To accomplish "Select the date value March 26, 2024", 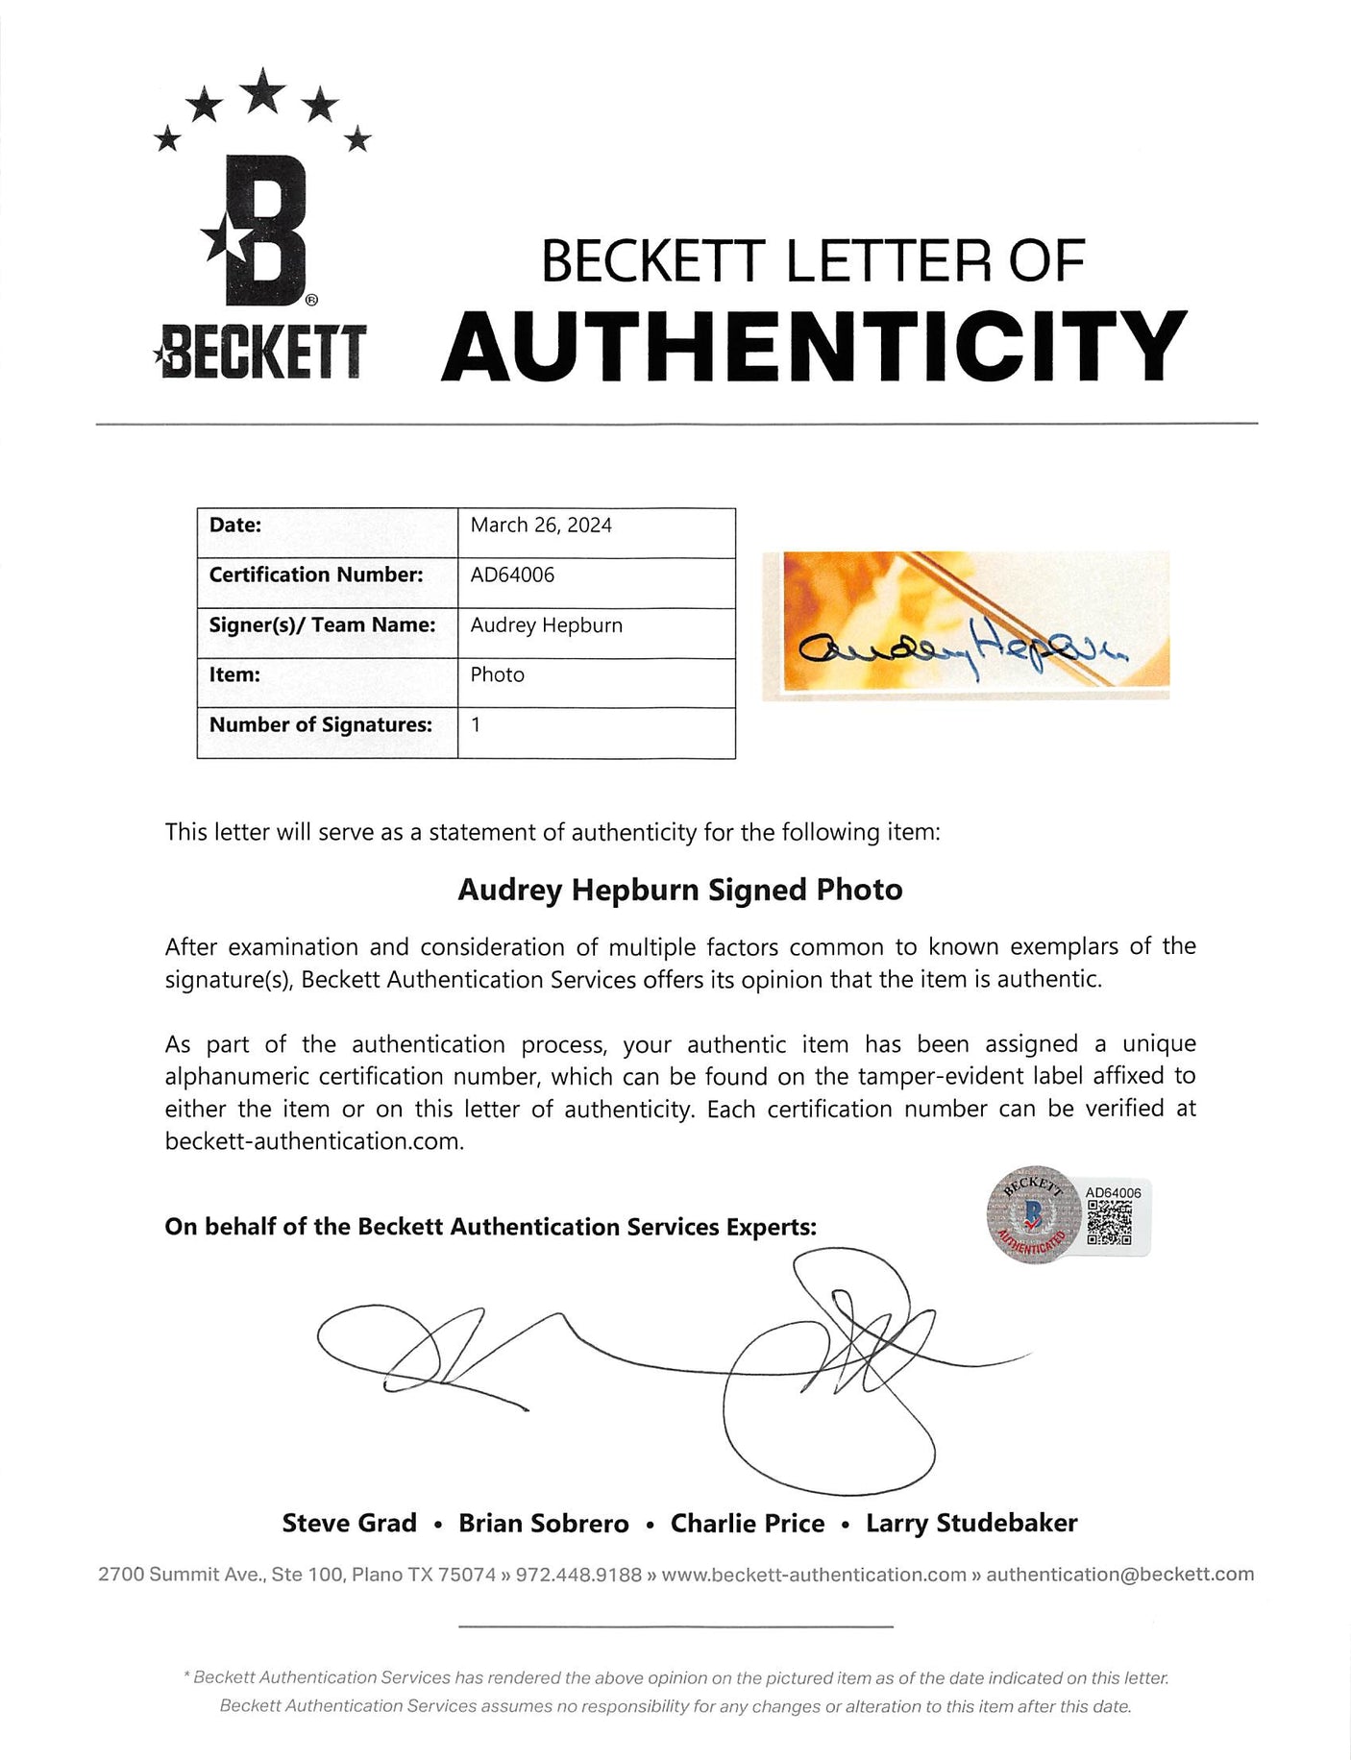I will click(541, 526).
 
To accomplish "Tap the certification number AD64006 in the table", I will click(512, 575).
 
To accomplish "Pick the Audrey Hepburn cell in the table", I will click(547, 625).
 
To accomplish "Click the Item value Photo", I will click(498, 675).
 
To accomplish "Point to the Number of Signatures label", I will click(321, 725).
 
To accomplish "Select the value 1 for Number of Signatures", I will click(476, 725).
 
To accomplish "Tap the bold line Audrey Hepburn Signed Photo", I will click(680, 891).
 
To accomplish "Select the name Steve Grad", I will click(350, 1524).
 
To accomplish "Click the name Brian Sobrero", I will click(544, 1524).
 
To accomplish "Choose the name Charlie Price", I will click(748, 1524).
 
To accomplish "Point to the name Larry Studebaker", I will click(971, 1524).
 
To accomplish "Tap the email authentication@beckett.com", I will click(1119, 1575).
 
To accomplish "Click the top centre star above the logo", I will click(262, 90).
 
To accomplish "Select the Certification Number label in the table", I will click(316, 575).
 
